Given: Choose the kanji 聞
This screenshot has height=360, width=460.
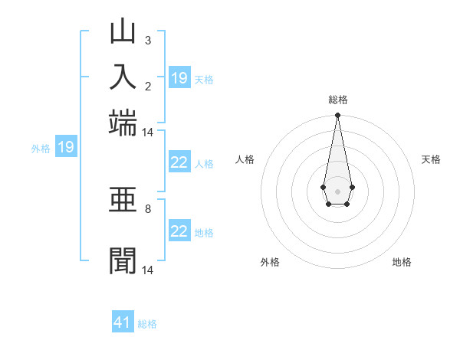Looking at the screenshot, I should (x=123, y=260).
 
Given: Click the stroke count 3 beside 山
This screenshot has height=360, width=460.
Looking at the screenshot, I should (x=147, y=40).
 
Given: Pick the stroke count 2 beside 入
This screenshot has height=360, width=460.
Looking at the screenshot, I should (x=147, y=85).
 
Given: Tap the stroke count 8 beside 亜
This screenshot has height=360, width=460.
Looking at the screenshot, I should (x=147, y=208).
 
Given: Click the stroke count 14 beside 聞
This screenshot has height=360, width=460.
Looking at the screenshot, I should (x=148, y=270).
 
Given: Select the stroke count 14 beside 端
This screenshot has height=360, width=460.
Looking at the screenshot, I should (x=148, y=132).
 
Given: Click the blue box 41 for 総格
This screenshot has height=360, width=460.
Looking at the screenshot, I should (x=123, y=322).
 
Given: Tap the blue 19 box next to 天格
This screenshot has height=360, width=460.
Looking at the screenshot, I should (x=179, y=78).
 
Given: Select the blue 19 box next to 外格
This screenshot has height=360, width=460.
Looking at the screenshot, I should (x=66, y=147).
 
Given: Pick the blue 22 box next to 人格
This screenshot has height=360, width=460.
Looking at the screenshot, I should (x=179, y=162).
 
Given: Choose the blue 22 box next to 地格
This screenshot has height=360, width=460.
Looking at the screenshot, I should (x=179, y=231).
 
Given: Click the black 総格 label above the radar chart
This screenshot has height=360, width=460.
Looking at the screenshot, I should (x=337, y=100).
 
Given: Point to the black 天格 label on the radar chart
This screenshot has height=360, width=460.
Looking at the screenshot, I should (x=431, y=159).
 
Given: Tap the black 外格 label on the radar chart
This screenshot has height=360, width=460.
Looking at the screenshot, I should (x=270, y=262).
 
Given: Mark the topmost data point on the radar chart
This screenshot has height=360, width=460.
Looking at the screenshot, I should (x=337, y=116).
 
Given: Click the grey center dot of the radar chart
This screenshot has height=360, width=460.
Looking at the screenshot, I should (x=337, y=191).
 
